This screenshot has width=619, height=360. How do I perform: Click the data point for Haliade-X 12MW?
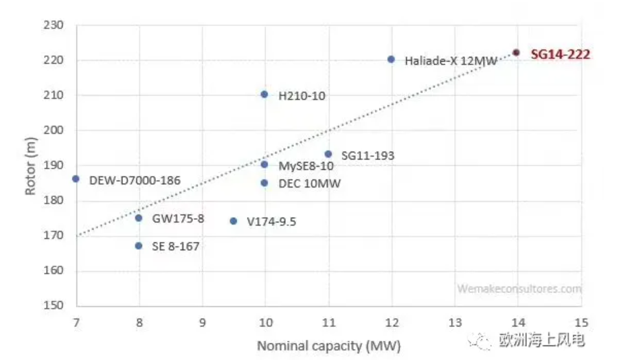391,59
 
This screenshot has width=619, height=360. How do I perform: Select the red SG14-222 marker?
516,52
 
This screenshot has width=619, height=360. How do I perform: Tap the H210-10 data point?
265,94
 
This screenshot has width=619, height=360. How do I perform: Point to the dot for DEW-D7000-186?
76,179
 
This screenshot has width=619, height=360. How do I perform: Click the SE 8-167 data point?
139,245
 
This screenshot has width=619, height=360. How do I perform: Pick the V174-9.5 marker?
234,221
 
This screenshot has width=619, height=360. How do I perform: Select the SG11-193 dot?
328,154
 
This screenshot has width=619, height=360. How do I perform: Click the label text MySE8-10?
306,166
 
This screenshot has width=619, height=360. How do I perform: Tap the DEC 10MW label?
309,183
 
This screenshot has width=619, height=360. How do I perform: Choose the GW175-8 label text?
178,218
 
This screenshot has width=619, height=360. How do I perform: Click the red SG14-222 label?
561,54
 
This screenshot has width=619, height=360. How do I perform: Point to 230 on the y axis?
53,25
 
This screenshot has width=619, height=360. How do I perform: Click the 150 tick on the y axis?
53,305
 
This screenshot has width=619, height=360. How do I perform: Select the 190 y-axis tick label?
53,166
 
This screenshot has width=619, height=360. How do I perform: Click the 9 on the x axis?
202,322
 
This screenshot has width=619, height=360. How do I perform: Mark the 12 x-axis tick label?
392,322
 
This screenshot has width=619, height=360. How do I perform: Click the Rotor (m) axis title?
30,166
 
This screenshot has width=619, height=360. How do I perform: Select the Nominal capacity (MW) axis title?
328,345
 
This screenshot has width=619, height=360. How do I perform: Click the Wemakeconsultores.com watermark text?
519,289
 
